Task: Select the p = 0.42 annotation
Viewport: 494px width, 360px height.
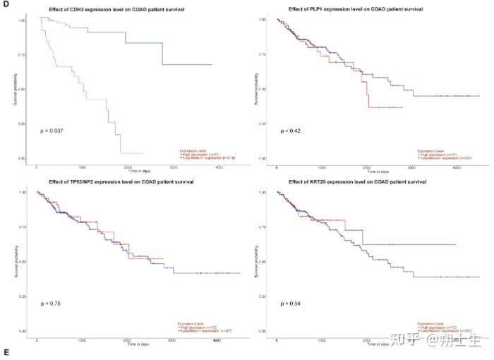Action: click(290, 131)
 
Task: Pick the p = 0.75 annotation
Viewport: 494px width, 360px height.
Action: click(49, 304)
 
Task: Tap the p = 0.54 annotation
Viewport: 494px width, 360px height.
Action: click(290, 304)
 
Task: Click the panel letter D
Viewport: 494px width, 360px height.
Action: click(6, 6)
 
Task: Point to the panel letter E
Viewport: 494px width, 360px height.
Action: click(6, 352)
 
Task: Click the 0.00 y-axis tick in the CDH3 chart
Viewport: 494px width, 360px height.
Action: click(22, 158)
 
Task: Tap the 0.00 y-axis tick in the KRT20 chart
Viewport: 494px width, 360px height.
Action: click(261, 330)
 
